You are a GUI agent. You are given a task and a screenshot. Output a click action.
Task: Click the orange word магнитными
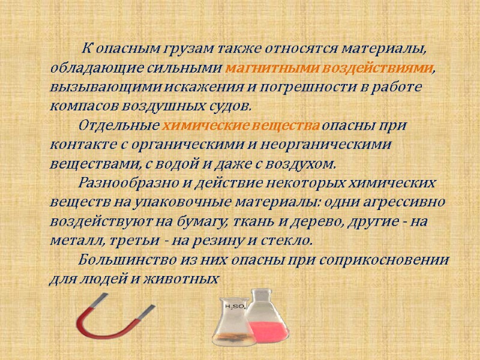pyautogui.click(x=258, y=67)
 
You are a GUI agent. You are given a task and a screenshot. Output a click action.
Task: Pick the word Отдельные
pyautogui.click(x=116, y=126)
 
